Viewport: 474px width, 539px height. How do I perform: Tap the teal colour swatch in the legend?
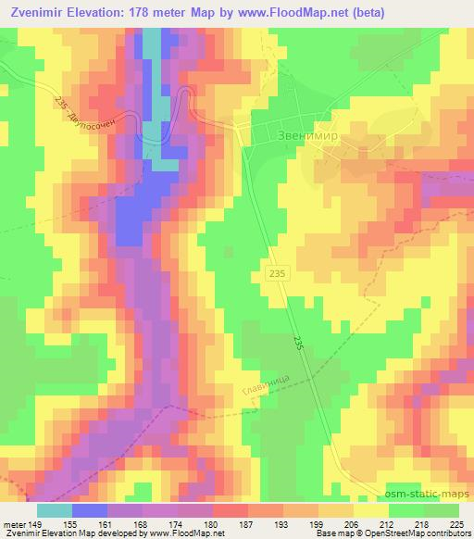56,510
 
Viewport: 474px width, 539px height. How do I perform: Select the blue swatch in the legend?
90,510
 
